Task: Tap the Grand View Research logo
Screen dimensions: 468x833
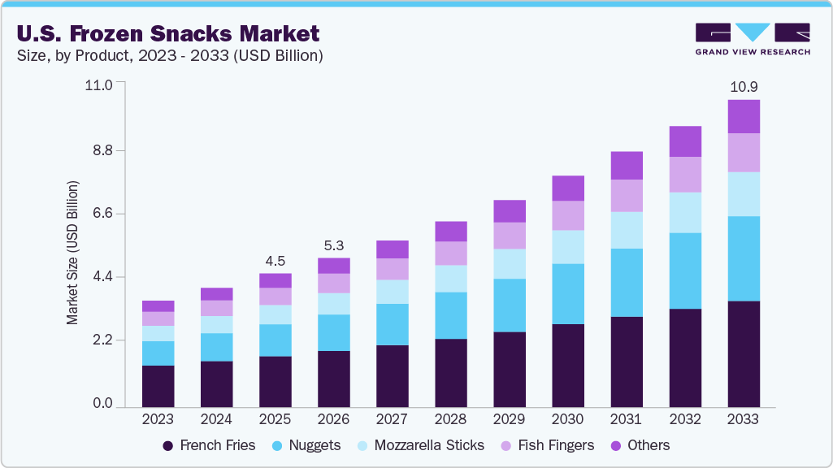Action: (x=753, y=39)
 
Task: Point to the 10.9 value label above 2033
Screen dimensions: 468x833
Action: (x=743, y=86)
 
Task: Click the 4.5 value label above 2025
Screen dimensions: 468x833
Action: (x=275, y=261)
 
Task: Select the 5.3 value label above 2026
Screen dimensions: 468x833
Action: (x=333, y=245)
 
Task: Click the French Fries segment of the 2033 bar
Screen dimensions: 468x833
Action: (x=743, y=354)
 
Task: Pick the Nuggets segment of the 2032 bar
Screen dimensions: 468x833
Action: (x=684, y=271)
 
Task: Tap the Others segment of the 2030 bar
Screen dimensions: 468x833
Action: (x=567, y=188)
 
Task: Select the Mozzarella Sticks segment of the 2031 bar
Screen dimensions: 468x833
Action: (x=626, y=230)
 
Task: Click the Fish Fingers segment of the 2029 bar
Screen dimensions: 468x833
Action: (x=509, y=236)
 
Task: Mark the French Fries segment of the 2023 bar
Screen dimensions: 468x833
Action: (x=158, y=386)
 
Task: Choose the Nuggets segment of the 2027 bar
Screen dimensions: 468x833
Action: (x=392, y=324)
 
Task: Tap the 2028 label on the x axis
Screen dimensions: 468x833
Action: (x=450, y=419)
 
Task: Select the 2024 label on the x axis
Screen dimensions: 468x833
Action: (x=216, y=419)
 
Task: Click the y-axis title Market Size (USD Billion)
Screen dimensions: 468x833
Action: (x=73, y=253)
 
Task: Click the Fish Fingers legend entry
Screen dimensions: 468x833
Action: (x=548, y=445)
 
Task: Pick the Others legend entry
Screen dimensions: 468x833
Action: (x=640, y=445)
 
